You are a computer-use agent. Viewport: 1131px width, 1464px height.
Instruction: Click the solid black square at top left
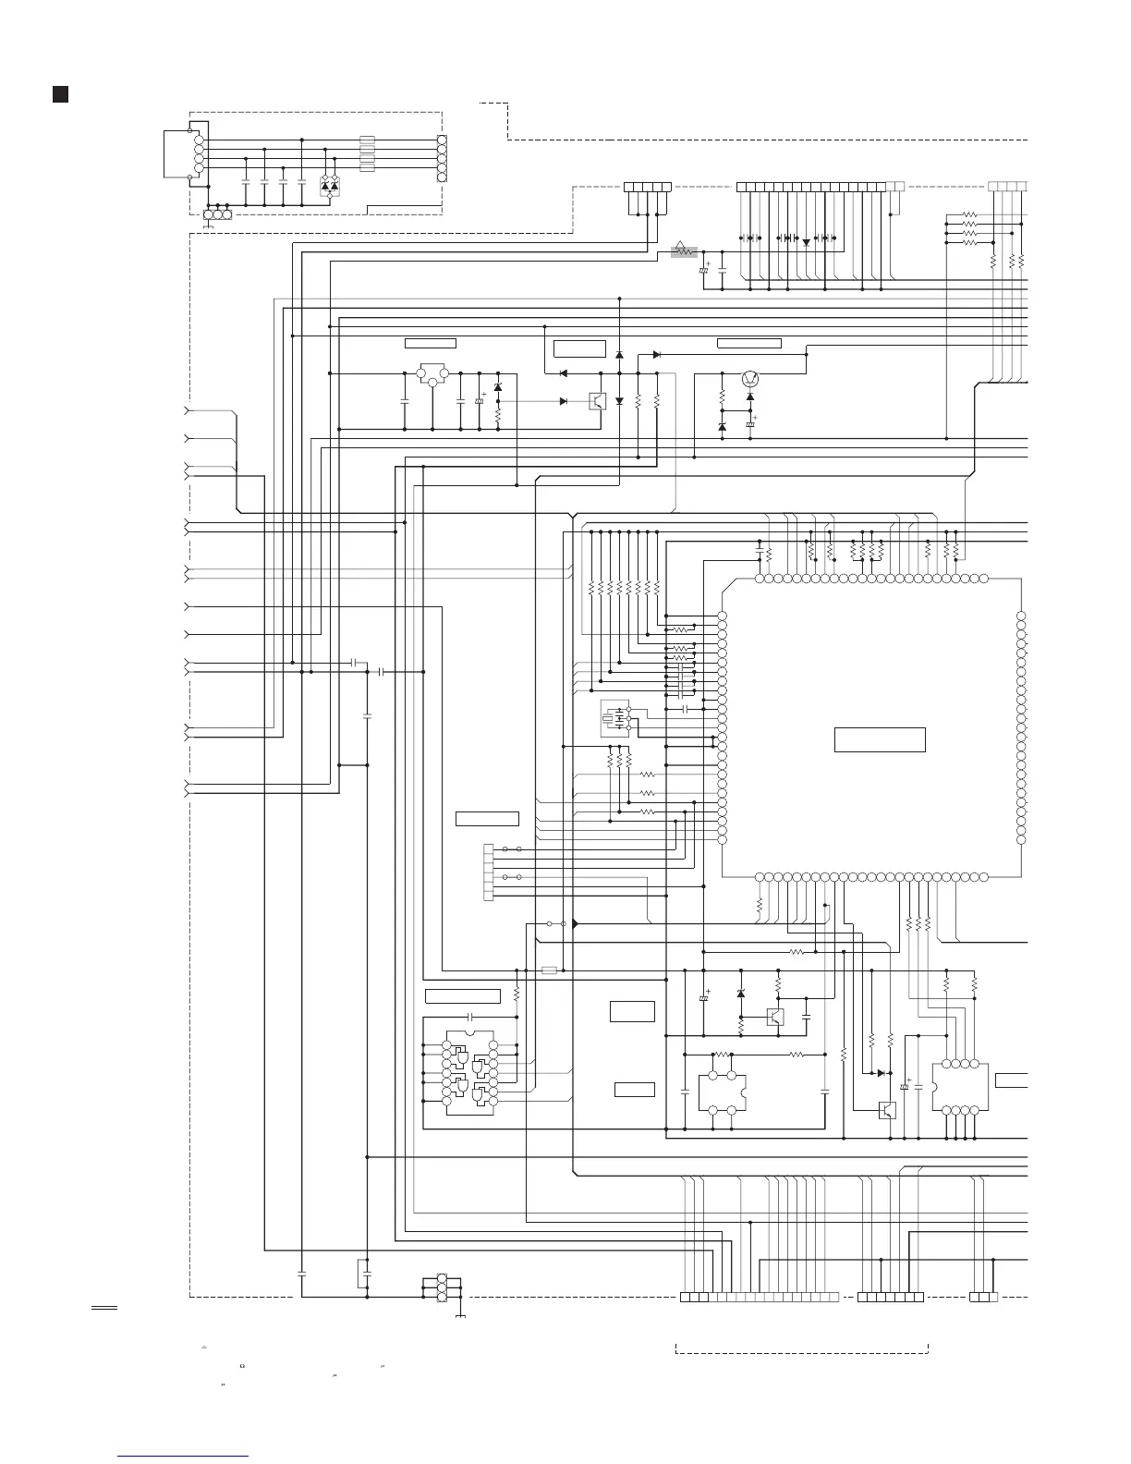tap(60, 94)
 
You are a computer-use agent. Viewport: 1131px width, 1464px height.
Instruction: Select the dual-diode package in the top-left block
tap(329, 185)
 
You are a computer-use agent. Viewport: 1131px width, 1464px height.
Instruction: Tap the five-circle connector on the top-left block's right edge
tap(441, 158)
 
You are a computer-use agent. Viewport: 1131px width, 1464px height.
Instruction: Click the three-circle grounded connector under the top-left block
tap(216, 215)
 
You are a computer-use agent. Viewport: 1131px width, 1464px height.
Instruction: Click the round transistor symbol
tap(750, 378)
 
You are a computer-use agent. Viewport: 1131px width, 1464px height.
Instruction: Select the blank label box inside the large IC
tap(880, 739)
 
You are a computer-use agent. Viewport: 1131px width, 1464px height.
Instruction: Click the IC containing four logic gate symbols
tap(469, 1073)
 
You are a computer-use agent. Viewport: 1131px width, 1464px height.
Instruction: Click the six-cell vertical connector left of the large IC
tap(489, 872)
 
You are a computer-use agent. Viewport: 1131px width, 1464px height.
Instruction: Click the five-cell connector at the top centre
tap(647, 187)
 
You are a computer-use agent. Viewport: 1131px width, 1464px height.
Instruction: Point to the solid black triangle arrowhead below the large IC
tap(575, 923)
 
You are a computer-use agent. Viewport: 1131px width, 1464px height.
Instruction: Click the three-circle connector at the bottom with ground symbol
tap(442, 1288)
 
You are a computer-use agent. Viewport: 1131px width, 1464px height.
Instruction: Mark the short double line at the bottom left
tap(103, 1308)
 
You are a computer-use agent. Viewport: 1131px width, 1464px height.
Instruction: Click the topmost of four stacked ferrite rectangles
tap(367, 140)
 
